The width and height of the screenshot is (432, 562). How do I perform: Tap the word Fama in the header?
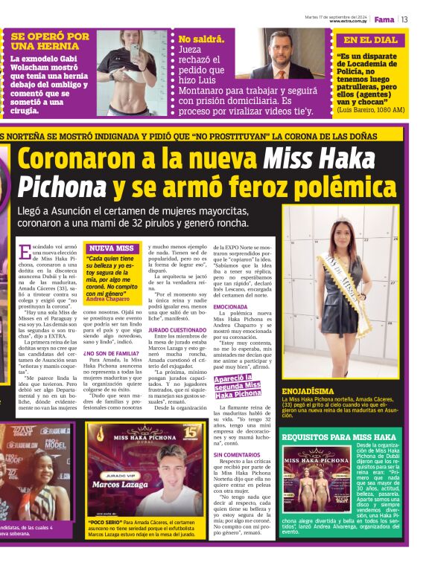pos(384,19)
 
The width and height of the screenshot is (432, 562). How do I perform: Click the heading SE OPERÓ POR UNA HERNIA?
pos(50,41)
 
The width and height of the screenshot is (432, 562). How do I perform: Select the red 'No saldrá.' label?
pos(199,40)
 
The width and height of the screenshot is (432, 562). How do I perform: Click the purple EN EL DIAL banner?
pos(370,40)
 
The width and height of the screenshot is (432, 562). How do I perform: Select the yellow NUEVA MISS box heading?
pos(110,248)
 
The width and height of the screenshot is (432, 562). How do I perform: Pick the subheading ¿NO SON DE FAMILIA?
pos(113,353)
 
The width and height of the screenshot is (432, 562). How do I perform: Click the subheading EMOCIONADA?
pos(229,306)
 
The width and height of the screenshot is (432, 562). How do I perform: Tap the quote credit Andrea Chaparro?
pos(107,298)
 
